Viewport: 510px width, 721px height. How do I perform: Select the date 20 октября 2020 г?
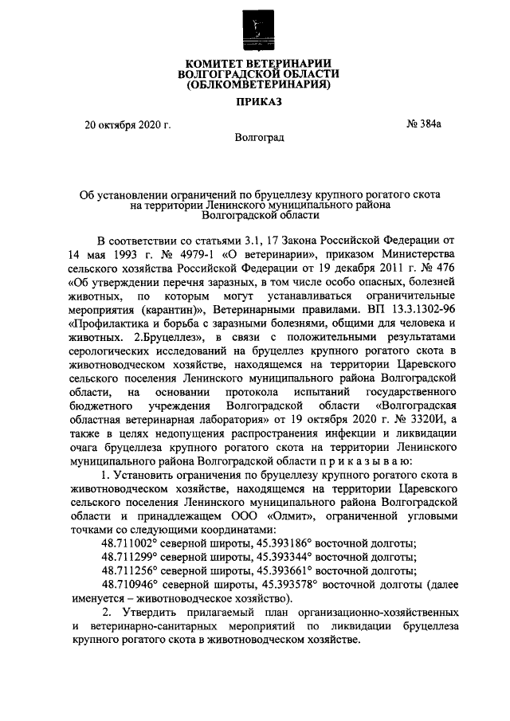click(128, 123)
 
